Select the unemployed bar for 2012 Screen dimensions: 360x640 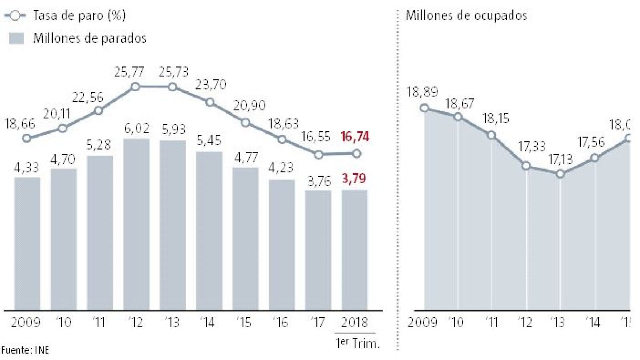(136, 224)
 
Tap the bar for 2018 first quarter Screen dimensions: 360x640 (354, 250)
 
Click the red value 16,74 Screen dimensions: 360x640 (355, 137)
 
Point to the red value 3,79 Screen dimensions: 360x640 (354, 178)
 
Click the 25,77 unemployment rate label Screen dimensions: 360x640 (129, 72)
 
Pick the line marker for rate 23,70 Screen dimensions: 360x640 (210, 102)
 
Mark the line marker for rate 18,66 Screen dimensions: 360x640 (27, 138)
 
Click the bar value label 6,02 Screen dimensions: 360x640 (136, 128)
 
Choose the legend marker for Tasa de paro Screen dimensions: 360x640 (15, 16)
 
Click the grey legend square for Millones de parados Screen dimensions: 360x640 (16, 38)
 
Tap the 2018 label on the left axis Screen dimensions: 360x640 (354, 322)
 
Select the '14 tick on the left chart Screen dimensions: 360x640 (208, 322)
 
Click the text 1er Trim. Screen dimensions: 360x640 (357, 343)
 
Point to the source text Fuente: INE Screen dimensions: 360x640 (25, 350)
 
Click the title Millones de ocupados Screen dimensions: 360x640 (466, 16)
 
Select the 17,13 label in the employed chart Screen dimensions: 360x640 (560, 160)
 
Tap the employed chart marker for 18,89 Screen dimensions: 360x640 (425, 108)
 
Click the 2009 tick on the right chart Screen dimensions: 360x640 (422, 322)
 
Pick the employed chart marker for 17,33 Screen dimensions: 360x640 (526, 166)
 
